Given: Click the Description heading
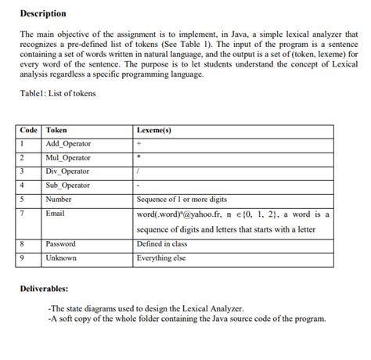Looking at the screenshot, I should (43, 14).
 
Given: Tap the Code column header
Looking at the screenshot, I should (30, 130).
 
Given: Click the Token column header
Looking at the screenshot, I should (57, 130).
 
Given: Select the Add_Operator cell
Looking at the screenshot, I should (69, 144).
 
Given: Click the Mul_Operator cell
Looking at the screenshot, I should (69, 157).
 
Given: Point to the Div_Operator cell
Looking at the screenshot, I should (68, 171).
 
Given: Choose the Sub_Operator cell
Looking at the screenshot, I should (68, 185).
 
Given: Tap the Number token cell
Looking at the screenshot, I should (59, 199).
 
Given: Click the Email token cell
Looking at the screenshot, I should (56, 213).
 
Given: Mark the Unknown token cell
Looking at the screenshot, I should (61, 257).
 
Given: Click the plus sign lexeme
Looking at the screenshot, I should (139, 144).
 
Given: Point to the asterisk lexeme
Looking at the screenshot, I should (139, 157).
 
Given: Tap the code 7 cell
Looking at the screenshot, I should (23, 213).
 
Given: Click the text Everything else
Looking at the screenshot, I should (161, 257).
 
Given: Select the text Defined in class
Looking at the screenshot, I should (162, 243).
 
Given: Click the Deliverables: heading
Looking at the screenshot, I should (49, 288).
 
